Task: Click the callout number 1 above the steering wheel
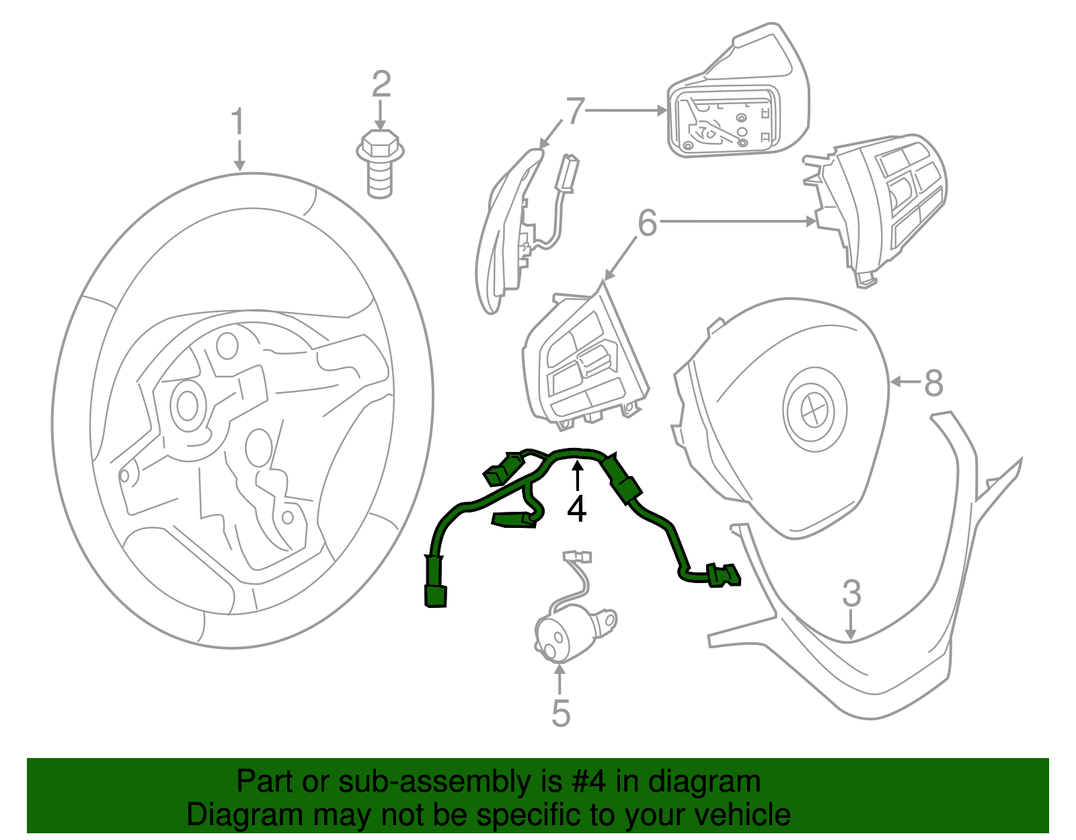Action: tap(237, 123)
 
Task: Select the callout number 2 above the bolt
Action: tap(381, 84)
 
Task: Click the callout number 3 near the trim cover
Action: tap(851, 593)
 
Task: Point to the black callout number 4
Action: tap(576, 509)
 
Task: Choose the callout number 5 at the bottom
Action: tap(560, 714)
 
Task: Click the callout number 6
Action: tap(647, 223)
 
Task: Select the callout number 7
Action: tap(575, 111)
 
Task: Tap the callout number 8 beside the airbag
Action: tap(933, 383)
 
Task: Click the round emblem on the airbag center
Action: tap(815, 409)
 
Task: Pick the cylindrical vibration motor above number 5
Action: tap(567, 632)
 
